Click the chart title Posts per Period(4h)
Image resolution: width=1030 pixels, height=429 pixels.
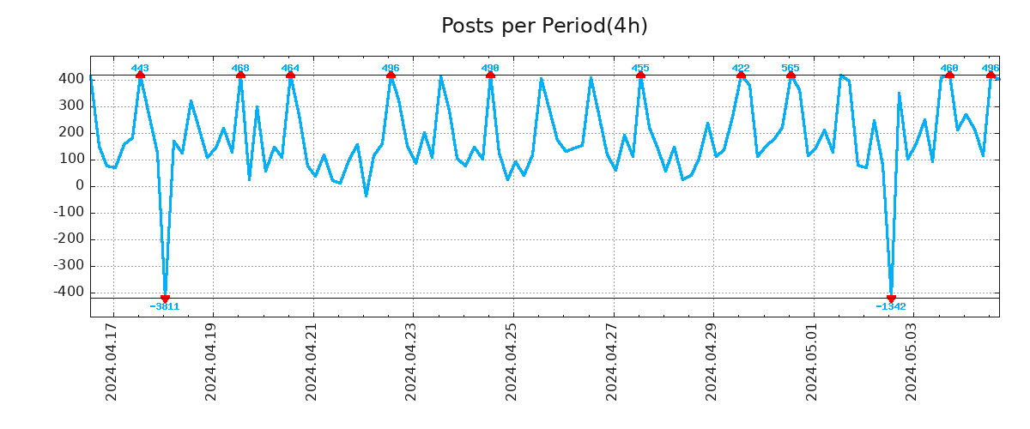pyautogui.click(x=544, y=26)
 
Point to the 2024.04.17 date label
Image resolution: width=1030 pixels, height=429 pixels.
pyautogui.click(x=112, y=367)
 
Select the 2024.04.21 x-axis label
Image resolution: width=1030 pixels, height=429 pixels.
pyautogui.click(x=312, y=367)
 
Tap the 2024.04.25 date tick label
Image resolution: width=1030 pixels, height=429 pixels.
pyautogui.click(x=512, y=367)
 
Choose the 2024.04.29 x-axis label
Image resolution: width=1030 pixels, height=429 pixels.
pyautogui.click(x=712, y=367)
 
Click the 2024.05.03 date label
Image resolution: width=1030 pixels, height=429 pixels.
pyautogui.click(x=912, y=367)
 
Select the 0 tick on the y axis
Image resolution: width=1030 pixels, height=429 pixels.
pyautogui.click(x=78, y=185)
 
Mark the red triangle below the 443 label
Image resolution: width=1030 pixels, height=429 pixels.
pyautogui.click(x=140, y=76)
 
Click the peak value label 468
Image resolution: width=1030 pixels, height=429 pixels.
pyautogui.click(x=240, y=68)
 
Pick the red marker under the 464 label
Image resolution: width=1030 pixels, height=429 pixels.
pyautogui.click(x=290, y=76)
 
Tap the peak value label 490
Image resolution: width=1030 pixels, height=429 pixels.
pyautogui.click(x=490, y=68)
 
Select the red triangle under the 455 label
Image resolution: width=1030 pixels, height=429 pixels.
pyautogui.click(x=640, y=76)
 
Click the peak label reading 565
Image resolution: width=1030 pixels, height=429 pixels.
pyautogui.click(x=791, y=68)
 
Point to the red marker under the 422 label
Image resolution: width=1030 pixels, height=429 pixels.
pyautogui.click(x=741, y=76)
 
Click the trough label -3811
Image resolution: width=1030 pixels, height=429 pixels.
pyautogui.click(x=165, y=306)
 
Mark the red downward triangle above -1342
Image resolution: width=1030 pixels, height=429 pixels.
pyautogui.click(x=891, y=298)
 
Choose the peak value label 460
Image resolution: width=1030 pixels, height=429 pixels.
pyautogui.click(x=949, y=68)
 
